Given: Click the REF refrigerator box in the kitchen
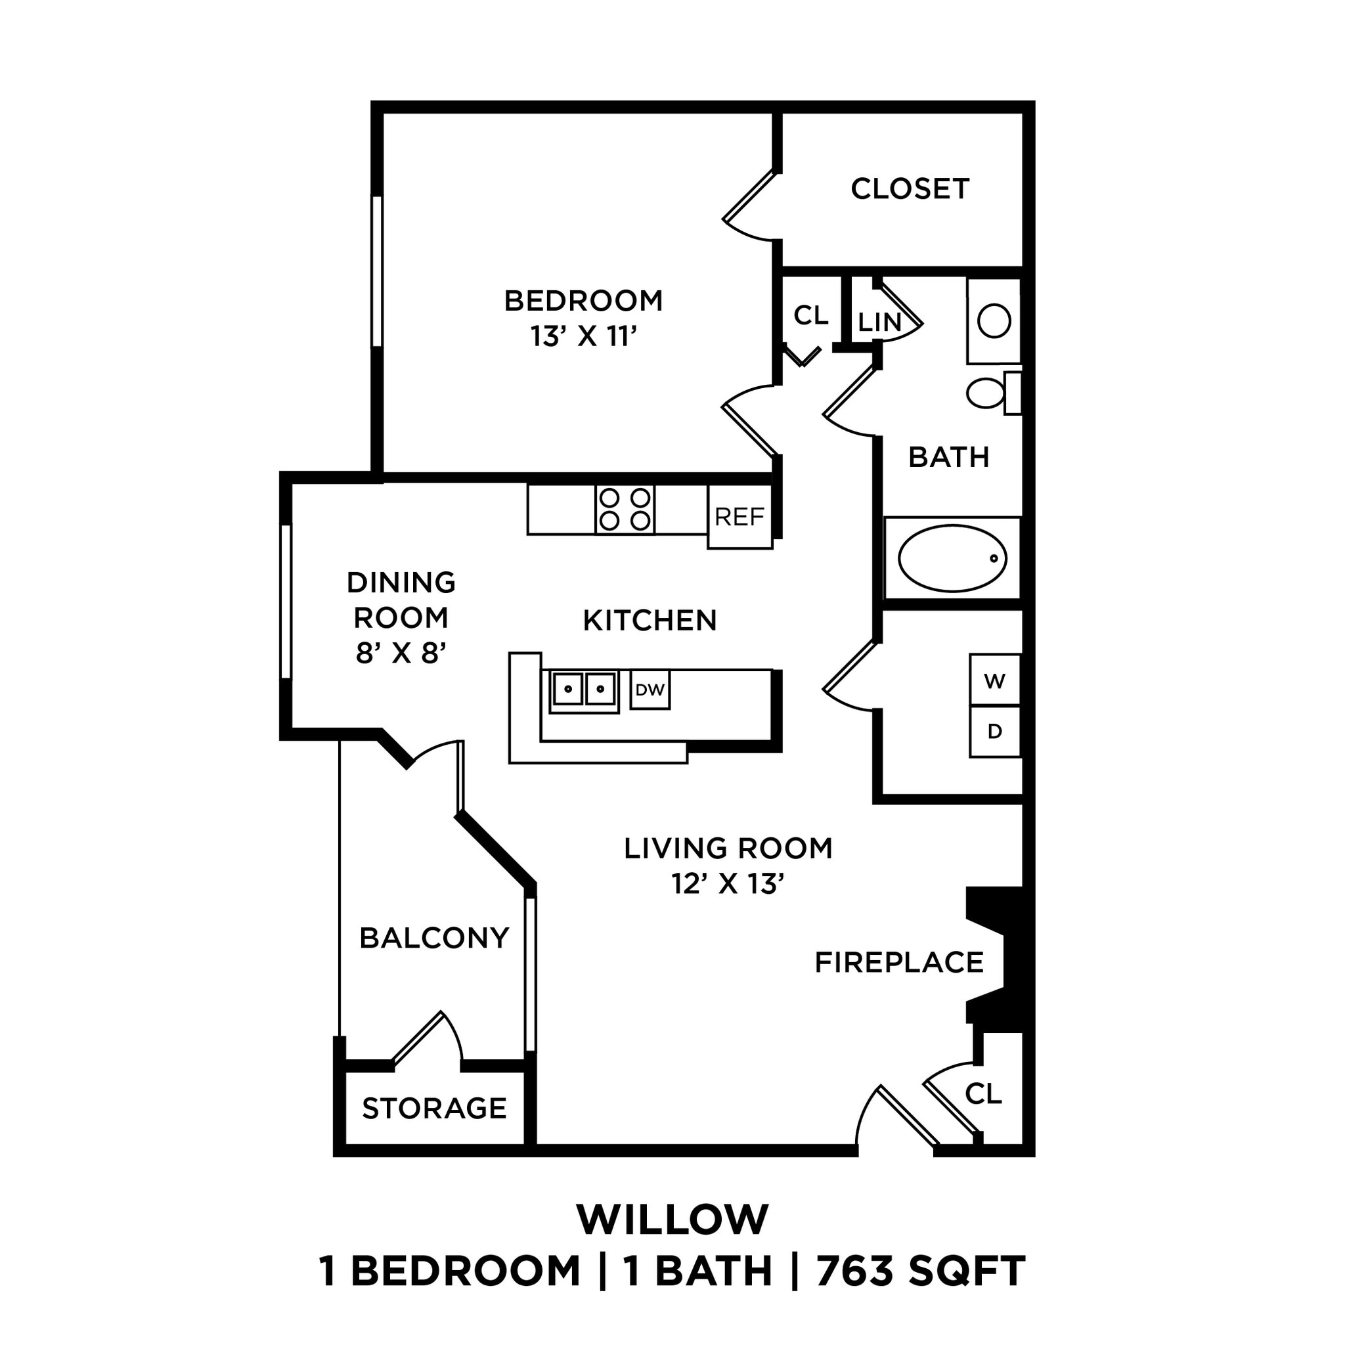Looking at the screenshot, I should (x=739, y=518).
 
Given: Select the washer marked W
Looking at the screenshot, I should (x=994, y=680).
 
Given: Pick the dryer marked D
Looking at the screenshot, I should (x=994, y=732).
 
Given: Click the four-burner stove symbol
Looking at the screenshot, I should (x=625, y=510).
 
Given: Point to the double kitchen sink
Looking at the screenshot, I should (x=583, y=690).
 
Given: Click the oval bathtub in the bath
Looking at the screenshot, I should (x=952, y=558).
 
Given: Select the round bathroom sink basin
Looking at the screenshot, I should (x=994, y=322).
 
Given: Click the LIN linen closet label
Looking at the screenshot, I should (x=879, y=322).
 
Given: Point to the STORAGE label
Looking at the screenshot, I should (x=434, y=1109).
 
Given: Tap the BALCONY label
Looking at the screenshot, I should (x=434, y=938).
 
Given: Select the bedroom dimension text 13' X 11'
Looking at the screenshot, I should (x=583, y=337).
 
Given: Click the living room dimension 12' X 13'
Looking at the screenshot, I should (x=728, y=884).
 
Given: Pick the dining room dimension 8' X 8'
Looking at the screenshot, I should (x=401, y=653).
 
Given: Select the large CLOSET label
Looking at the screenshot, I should (x=909, y=189).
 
